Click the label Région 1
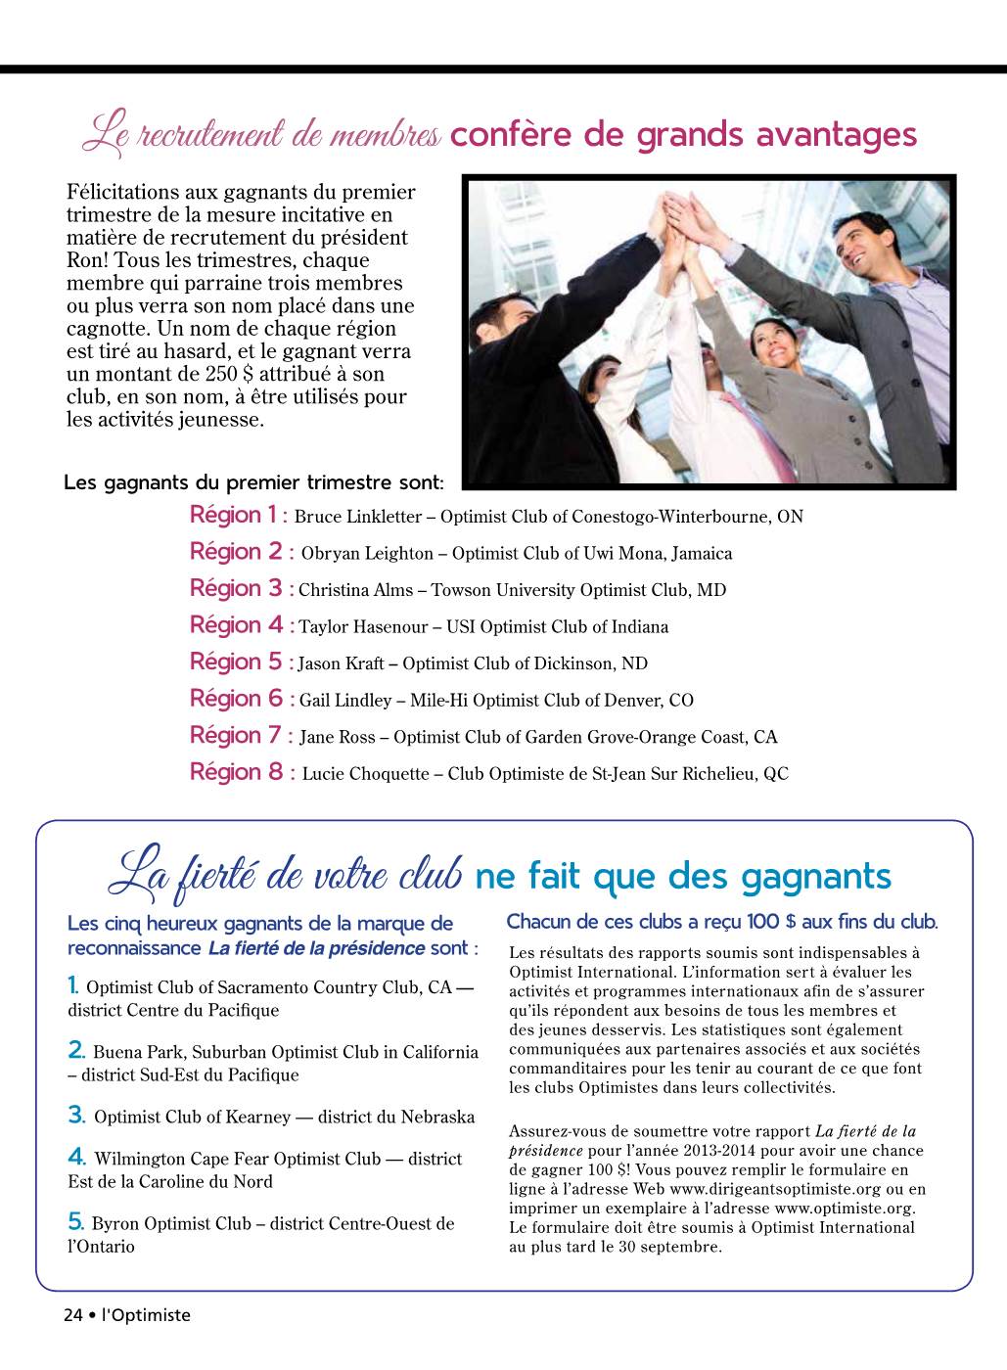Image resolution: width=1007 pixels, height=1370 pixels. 234,515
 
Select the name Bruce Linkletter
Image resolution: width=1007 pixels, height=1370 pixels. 357,517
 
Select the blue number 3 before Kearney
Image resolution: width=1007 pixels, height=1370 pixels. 76,1115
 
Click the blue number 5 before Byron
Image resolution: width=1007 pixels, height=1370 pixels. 75,1221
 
